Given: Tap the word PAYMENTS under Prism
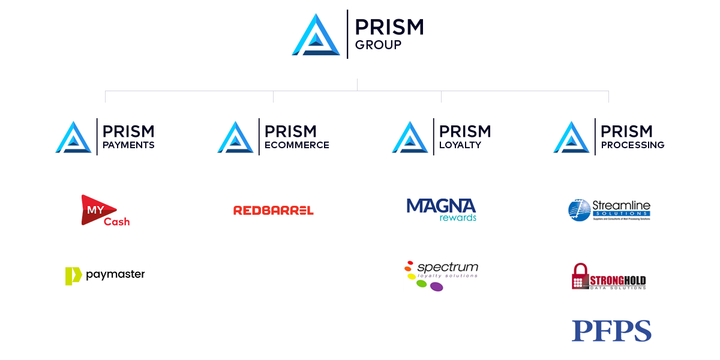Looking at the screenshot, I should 128,145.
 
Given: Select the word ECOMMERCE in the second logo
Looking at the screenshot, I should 296,145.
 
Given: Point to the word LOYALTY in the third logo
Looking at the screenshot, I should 460,145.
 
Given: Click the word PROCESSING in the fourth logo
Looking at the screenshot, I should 632,145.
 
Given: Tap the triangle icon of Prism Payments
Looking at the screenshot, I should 74,137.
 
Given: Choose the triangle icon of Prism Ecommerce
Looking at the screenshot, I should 236,137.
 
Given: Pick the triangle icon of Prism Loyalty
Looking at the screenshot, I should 410,137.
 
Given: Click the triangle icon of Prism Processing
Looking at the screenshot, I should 572,137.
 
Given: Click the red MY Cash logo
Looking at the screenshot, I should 102,211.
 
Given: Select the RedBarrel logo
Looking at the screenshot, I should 274,210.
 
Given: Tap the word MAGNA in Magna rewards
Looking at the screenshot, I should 441,206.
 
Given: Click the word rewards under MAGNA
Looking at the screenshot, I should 458,218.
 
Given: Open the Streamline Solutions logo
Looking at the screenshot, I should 609,210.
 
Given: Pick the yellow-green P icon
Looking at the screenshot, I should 73,276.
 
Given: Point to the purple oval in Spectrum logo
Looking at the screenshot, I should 436,287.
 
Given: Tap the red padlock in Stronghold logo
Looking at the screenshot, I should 580,277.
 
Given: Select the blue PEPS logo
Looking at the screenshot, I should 611,331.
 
